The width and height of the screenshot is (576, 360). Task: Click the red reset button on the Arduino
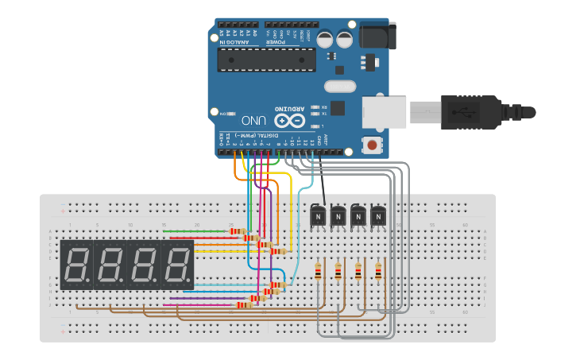[x=370, y=145]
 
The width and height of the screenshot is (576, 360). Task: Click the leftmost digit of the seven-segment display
[x=77, y=265]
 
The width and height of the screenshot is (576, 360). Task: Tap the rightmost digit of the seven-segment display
[x=177, y=265]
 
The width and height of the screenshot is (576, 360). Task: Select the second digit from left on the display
[x=110, y=265]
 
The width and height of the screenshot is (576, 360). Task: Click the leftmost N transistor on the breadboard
[x=318, y=215]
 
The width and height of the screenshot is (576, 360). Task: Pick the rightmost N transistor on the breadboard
[x=378, y=215]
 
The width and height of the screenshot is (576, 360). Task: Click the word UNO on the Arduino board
[x=253, y=121]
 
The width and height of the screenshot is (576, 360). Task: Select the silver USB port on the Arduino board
[x=385, y=111]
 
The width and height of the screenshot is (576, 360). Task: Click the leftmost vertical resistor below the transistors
[x=319, y=271]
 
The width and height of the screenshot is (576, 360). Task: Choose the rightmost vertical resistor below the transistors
[x=378, y=271]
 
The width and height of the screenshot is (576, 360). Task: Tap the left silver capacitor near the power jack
[x=325, y=38]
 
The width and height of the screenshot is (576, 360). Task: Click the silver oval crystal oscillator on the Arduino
[x=340, y=86]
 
